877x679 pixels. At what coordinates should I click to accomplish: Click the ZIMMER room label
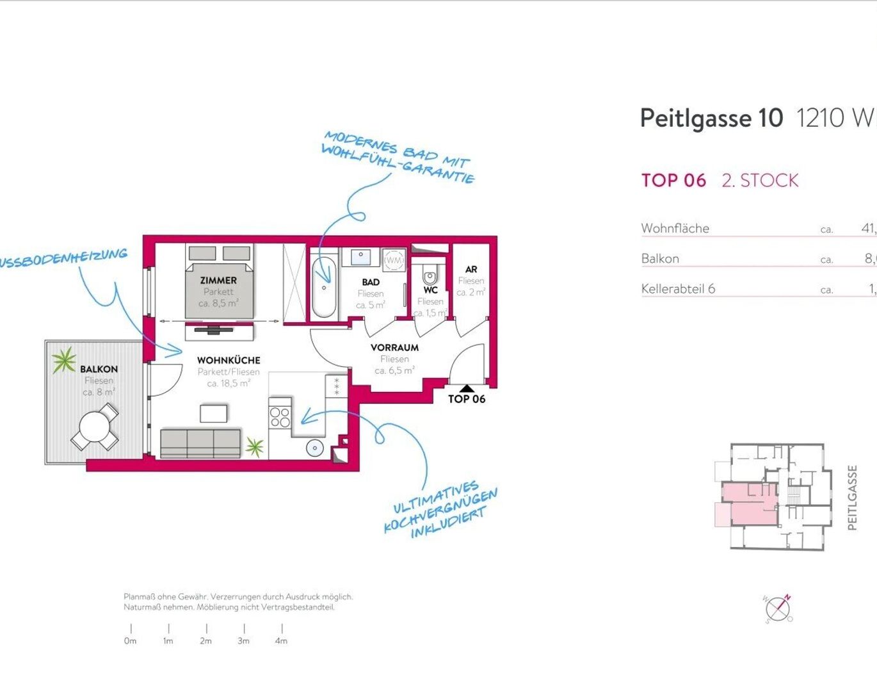pos(218,281)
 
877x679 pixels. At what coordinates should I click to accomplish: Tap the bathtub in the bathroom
pos(324,287)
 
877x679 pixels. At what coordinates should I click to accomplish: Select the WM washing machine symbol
pos(394,261)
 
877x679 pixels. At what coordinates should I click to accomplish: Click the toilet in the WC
pos(430,277)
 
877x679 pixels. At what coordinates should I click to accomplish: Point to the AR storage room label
pos(471,270)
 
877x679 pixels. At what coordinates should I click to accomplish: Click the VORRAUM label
pos(394,348)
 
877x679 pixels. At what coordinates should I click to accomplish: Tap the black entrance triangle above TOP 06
pos(467,388)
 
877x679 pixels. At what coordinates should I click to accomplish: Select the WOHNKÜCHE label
pos(229,361)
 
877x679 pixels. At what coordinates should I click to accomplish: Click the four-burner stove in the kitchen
pos(280,416)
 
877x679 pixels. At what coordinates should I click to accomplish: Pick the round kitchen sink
pos(314,448)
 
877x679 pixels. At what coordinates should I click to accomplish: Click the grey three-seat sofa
pos(200,443)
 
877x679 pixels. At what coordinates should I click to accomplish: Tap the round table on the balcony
pos(95,427)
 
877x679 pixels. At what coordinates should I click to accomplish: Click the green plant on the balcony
pos(63,360)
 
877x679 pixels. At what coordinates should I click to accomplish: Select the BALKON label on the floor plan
pos(99,370)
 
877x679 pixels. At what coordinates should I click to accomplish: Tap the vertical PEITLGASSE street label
pos(852,498)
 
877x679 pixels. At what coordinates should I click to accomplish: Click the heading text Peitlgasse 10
pos(711,119)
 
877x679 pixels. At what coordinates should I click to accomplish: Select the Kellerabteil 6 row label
pos(678,289)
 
